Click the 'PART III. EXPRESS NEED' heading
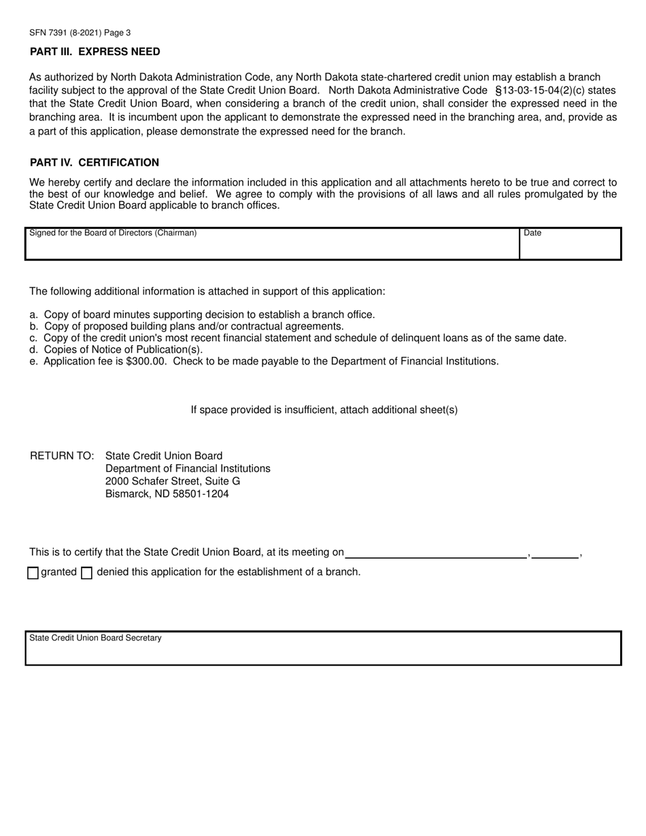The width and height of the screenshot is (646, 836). click(95, 52)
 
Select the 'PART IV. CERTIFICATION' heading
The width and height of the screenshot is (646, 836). click(95, 162)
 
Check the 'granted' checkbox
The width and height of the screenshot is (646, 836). click(33, 573)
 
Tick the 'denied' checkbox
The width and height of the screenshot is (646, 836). click(86, 573)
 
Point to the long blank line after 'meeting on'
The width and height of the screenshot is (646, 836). click(435, 553)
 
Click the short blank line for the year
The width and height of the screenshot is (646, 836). click(555, 553)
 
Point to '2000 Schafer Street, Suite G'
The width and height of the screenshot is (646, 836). click(173, 481)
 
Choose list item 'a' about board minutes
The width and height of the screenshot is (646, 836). click(203, 315)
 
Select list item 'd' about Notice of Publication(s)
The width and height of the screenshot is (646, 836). click(116, 349)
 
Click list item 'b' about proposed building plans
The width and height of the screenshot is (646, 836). click(187, 326)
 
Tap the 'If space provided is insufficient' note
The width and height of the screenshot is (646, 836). click(324, 410)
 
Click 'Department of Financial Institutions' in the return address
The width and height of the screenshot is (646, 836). click(188, 468)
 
